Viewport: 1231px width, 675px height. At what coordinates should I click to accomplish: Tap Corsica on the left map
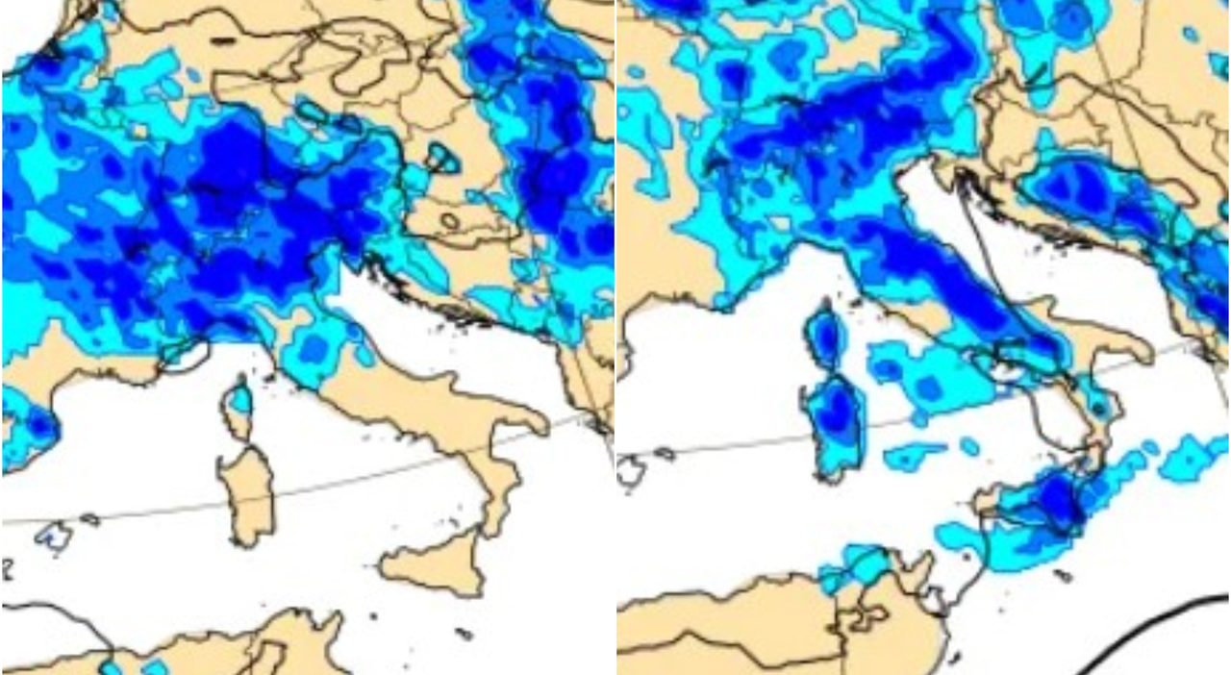pyautogui.click(x=238, y=403)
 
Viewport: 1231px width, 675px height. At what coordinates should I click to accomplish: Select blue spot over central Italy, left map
pyautogui.click(x=313, y=346)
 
